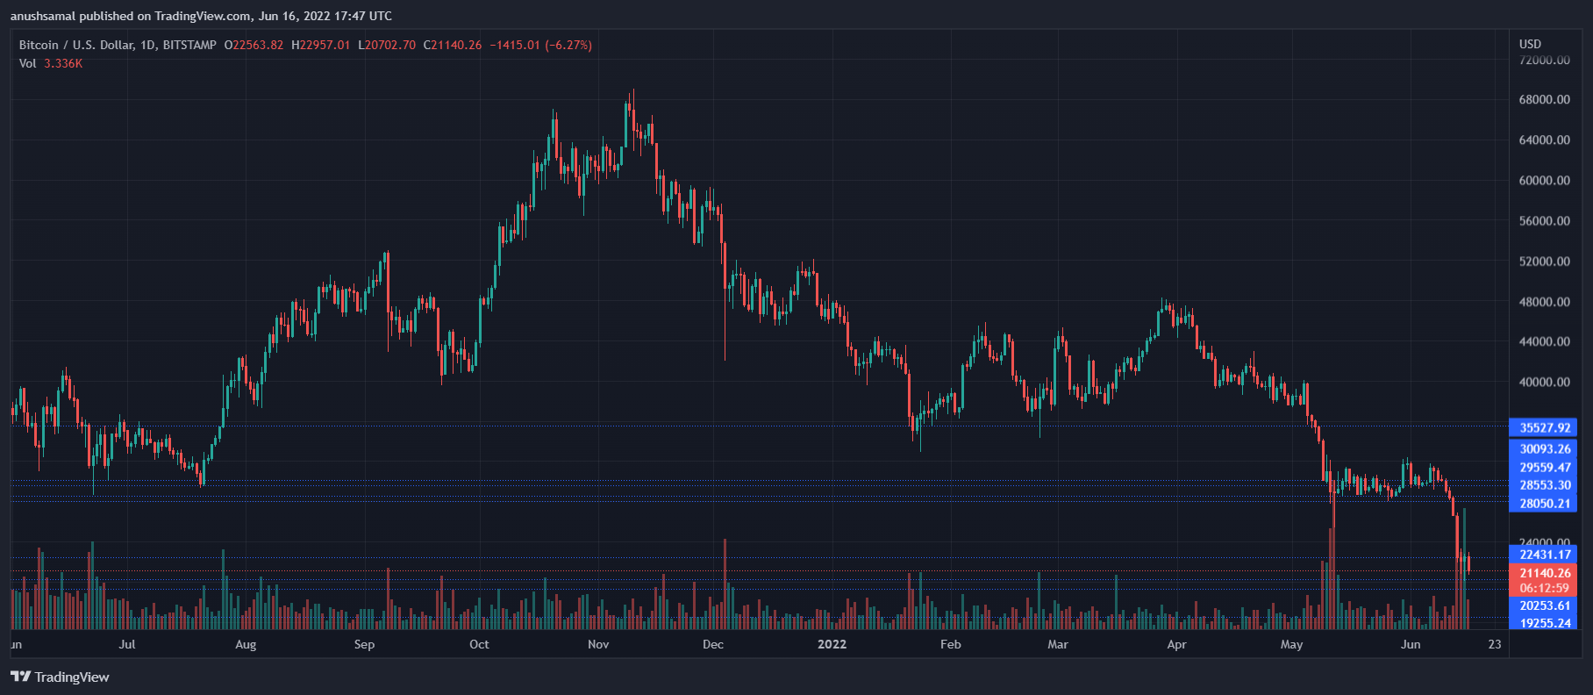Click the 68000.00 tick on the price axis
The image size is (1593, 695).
(1544, 100)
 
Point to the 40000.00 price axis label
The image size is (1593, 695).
(1544, 383)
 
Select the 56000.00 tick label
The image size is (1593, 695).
(1544, 221)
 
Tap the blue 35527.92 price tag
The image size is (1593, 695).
(1544, 428)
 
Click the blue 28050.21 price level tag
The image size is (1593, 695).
(1544, 504)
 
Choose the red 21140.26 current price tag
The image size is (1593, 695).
(1544, 573)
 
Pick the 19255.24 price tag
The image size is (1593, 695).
(1544, 623)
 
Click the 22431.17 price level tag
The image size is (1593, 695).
(1544, 555)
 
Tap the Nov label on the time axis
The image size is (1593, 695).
(598, 644)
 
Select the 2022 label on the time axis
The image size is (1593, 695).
(832, 644)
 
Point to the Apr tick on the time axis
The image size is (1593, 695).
(1176, 644)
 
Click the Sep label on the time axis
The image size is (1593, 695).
(364, 644)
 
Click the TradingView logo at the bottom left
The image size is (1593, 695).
(60, 677)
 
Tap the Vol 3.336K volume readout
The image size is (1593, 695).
(51, 63)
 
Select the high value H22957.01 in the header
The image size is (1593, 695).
(320, 45)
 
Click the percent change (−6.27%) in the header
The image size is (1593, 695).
(568, 45)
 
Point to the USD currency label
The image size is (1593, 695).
(1530, 44)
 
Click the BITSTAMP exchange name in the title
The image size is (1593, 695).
(189, 45)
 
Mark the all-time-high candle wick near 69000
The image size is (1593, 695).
(632, 91)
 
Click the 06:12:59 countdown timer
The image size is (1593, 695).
(1544, 588)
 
